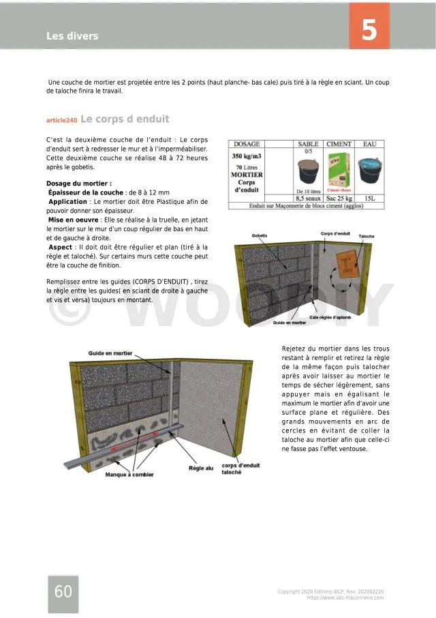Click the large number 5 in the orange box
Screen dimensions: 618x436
pos(369,30)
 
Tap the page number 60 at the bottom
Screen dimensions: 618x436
pos(63,592)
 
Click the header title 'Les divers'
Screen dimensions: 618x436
pos(72,36)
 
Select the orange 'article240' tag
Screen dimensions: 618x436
pos(61,121)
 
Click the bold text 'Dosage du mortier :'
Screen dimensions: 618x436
pos(79,183)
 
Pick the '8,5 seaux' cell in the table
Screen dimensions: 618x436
pos(309,198)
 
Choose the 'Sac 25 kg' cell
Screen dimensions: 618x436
pos(339,198)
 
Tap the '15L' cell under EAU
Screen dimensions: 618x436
pos(369,198)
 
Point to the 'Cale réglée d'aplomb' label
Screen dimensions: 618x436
pos(330,317)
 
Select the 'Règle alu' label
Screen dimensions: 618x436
pos(201,468)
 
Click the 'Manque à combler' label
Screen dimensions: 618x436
pos(129,474)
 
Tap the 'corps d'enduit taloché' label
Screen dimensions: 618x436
pos(236,469)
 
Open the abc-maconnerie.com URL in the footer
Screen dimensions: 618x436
pos(345,598)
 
